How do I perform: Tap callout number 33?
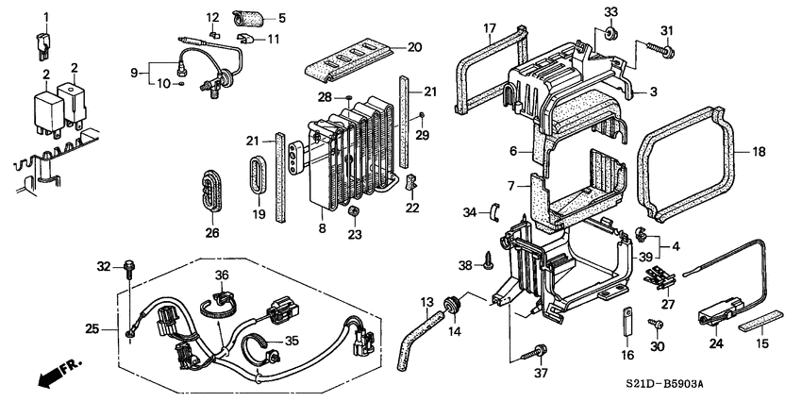pyautogui.click(x=610, y=11)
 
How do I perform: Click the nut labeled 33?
pyautogui.click(x=610, y=34)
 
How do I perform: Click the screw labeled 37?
pyautogui.click(x=533, y=353)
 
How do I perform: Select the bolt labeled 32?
pyautogui.click(x=128, y=268)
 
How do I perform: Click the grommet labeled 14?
pyautogui.click(x=452, y=304)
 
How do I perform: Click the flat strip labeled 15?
pyautogui.click(x=760, y=319)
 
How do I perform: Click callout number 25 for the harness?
pyautogui.click(x=92, y=329)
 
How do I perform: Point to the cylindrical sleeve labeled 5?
pyautogui.click(x=247, y=19)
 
